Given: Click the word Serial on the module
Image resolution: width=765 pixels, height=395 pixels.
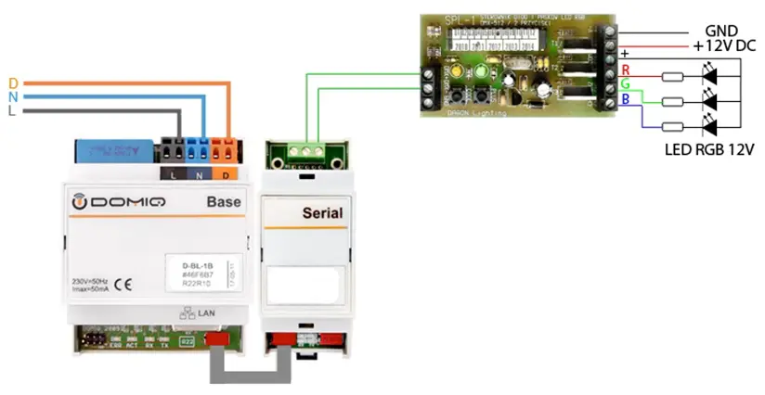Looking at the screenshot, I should (321, 212).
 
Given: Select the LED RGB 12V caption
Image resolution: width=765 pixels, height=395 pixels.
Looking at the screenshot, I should (710, 148).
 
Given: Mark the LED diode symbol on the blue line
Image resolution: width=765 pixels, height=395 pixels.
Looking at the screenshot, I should (711, 127).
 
